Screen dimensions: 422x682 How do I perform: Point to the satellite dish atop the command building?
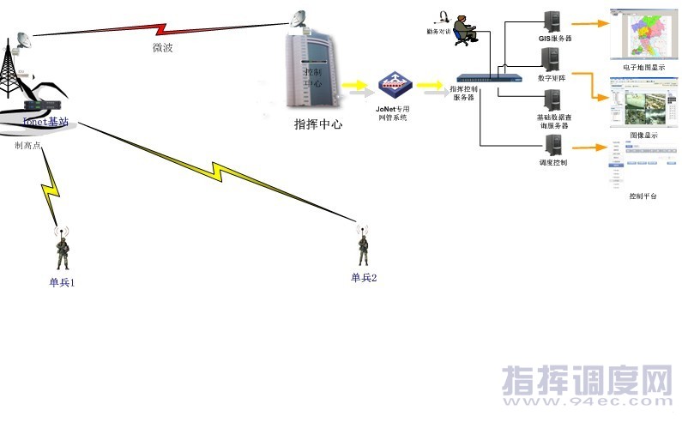(298, 17)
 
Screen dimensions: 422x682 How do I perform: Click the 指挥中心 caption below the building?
(318, 124)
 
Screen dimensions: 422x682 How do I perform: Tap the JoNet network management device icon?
(395, 85)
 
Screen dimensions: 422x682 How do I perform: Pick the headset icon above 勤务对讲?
(444, 15)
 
